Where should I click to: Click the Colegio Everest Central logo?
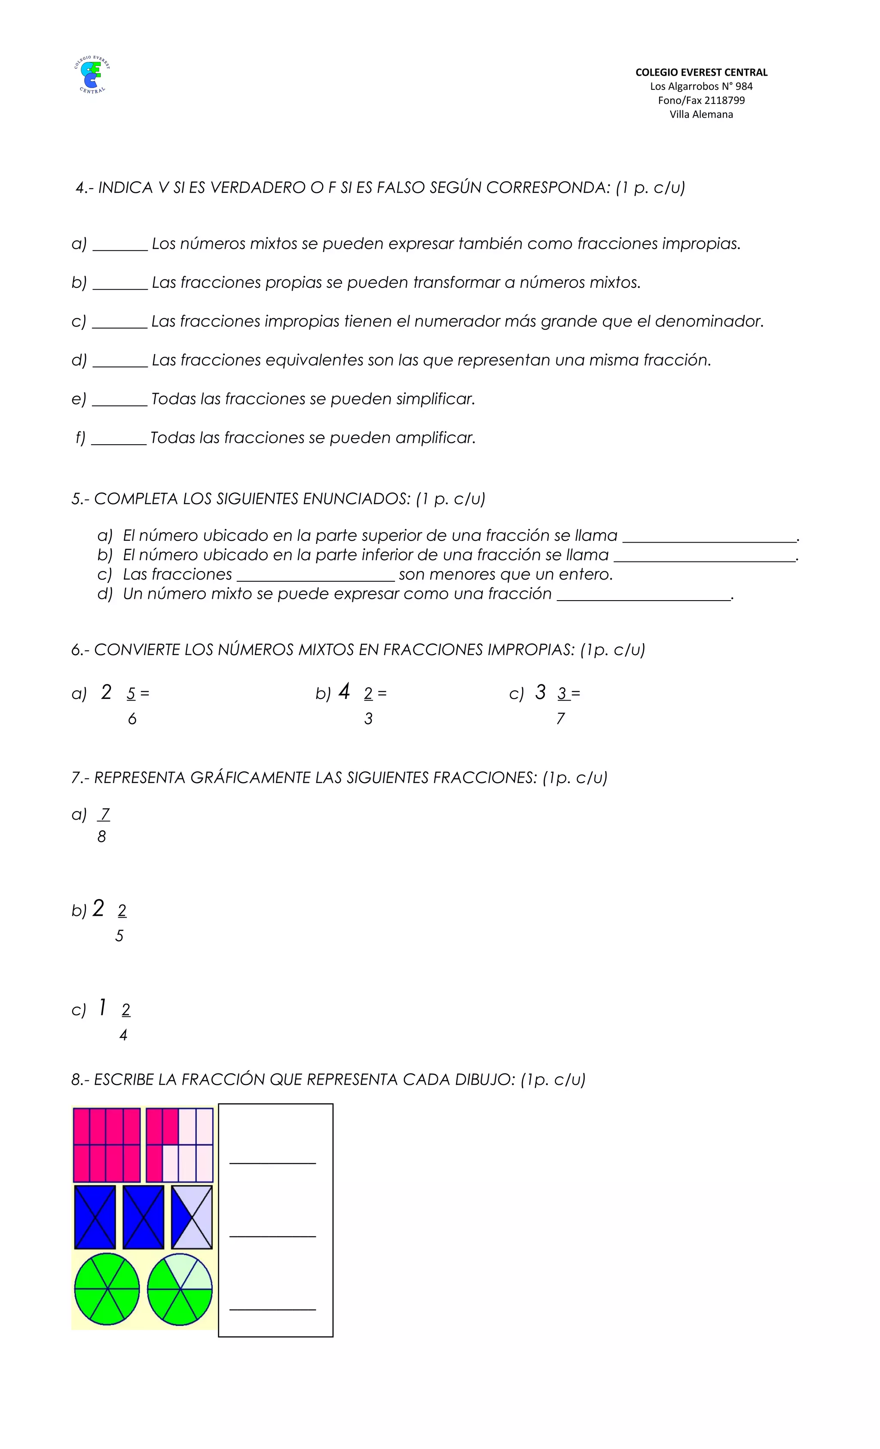pos(92,75)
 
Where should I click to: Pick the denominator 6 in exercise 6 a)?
pos(132,719)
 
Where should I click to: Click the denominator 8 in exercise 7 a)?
pos(102,837)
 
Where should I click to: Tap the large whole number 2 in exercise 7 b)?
pos(98,909)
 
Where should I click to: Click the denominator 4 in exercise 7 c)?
pos(123,1035)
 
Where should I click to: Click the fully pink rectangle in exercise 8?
pos(107,1144)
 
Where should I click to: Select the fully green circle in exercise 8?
pos(107,1289)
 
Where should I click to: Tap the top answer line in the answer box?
pos(272,1162)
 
